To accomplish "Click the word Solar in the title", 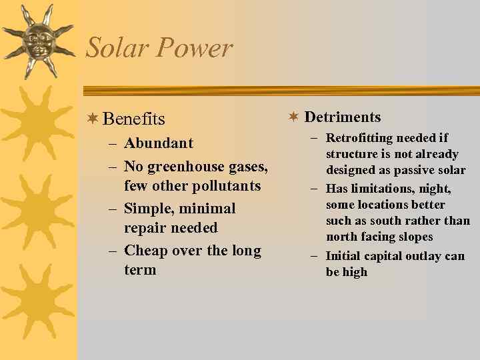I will click(x=113, y=48).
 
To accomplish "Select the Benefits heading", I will click(x=134, y=119).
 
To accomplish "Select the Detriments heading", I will click(x=343, y=117).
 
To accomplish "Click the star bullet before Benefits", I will click(x=93, y=119).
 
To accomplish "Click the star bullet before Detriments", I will click(x=293, y=117).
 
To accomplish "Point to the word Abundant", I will click(x=159, y=143).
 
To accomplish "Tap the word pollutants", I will click(x=226, y=185).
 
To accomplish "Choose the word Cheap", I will click(x=146, y=251).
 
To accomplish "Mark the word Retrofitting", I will click(x=359, y=138).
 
